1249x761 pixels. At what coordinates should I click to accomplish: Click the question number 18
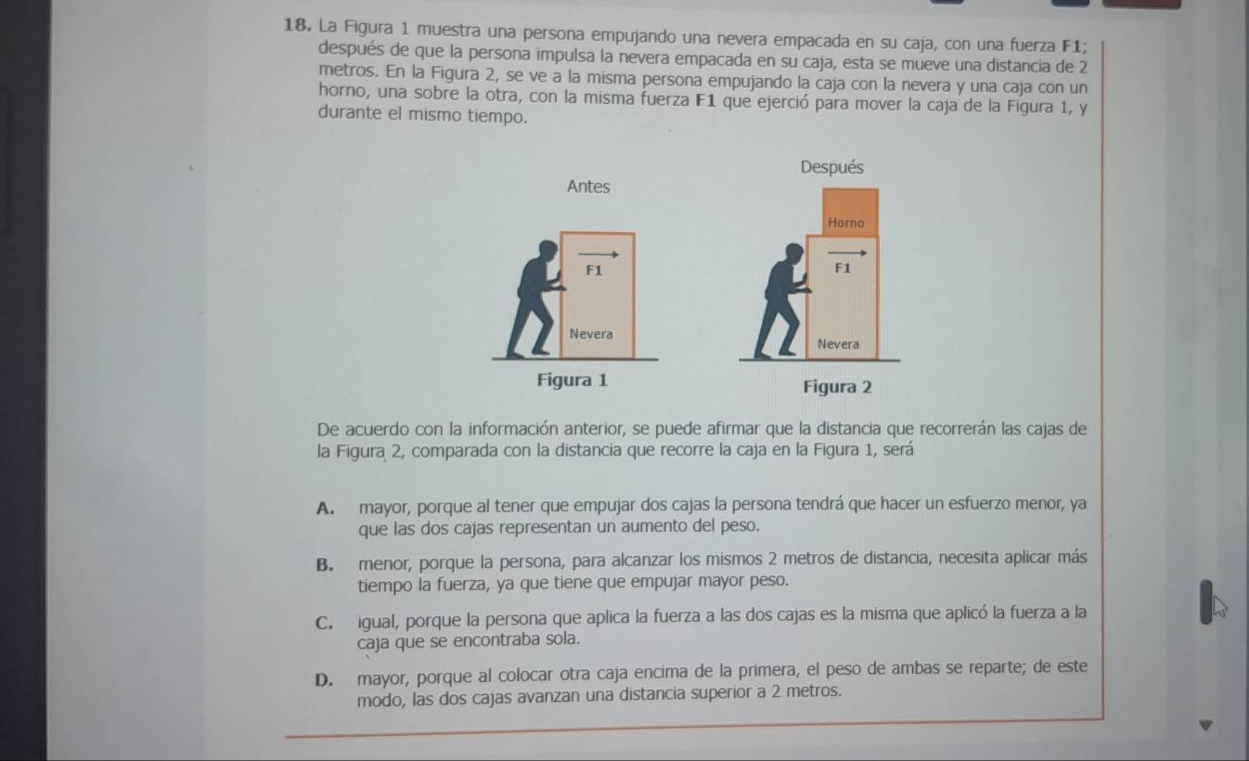297,25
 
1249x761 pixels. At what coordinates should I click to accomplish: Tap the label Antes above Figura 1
588,187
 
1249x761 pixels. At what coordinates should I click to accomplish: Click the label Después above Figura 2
832,167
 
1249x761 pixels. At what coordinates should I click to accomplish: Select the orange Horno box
850,212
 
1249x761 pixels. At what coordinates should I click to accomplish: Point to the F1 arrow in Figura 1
599,255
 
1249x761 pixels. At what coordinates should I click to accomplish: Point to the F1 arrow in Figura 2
847,253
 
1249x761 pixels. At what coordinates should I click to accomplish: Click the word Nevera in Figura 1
591,334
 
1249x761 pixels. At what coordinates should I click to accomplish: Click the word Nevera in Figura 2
838,344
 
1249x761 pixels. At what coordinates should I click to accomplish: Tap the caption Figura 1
573,380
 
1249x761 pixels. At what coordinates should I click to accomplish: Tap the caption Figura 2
837,387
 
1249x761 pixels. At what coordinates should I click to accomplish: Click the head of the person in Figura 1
548,250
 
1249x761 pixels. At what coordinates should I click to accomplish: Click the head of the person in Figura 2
794,252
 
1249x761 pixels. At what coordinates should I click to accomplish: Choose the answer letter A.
325,509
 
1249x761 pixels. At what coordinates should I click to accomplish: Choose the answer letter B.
325,565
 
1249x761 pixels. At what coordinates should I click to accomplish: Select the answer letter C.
324,623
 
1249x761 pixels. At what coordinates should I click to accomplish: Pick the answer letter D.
324,680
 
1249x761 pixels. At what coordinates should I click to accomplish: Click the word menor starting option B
385,564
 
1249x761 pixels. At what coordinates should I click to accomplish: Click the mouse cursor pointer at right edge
1219,607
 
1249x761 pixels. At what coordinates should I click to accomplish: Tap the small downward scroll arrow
1205,726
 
